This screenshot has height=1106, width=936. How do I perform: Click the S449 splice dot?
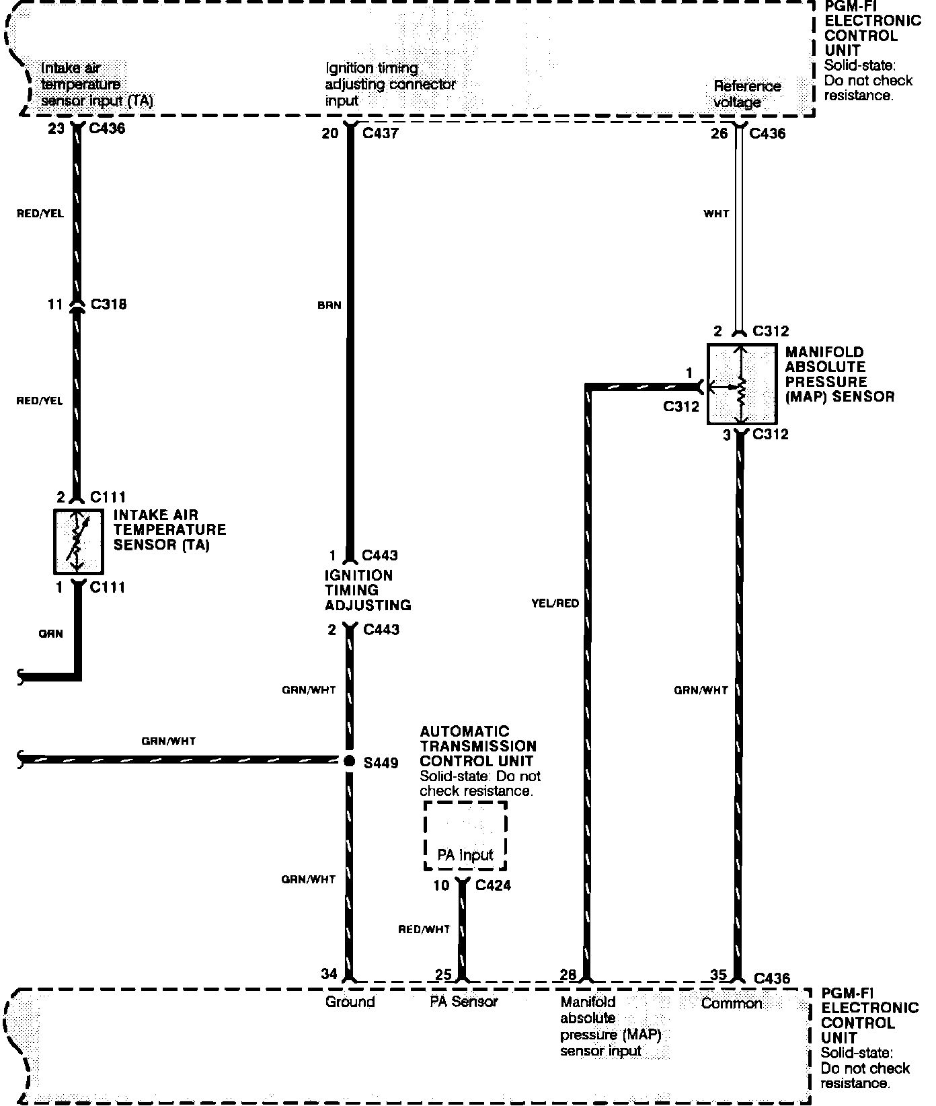click(x=348, y=761)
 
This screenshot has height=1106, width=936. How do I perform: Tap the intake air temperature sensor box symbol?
click(x=78, y=542)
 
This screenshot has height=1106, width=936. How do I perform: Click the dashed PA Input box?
click(x=465, y=836)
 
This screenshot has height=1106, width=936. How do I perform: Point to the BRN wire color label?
click(x=329, y=305)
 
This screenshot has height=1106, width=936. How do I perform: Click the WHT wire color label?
click(x=716, y=214)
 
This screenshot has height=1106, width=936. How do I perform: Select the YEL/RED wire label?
click(x=555, y=603)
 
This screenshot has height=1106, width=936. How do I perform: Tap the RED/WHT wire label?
click(x=424, y=930)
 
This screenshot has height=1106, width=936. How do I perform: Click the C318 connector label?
click(x=108, y=304)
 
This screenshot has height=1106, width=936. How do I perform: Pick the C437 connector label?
click(x=380, y=133)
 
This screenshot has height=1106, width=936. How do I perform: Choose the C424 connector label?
click(x=493, y=885)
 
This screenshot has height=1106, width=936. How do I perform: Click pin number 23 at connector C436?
click(x=56, y=128)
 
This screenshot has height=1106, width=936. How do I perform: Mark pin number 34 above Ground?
click(x=329, y=973)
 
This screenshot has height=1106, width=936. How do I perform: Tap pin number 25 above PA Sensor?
click(x=443, y=974)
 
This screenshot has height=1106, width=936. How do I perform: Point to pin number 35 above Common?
click(x=719, y=974)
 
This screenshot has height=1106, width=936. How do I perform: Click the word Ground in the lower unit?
click(x=350, y=1002)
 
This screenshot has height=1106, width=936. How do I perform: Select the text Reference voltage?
click(x=746, y=94)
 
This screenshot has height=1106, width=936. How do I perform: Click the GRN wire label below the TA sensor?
click(x=50, y=634)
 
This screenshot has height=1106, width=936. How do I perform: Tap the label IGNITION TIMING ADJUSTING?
click(x=368, y=590)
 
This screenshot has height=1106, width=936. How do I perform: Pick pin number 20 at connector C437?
click(x=329, y=133)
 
